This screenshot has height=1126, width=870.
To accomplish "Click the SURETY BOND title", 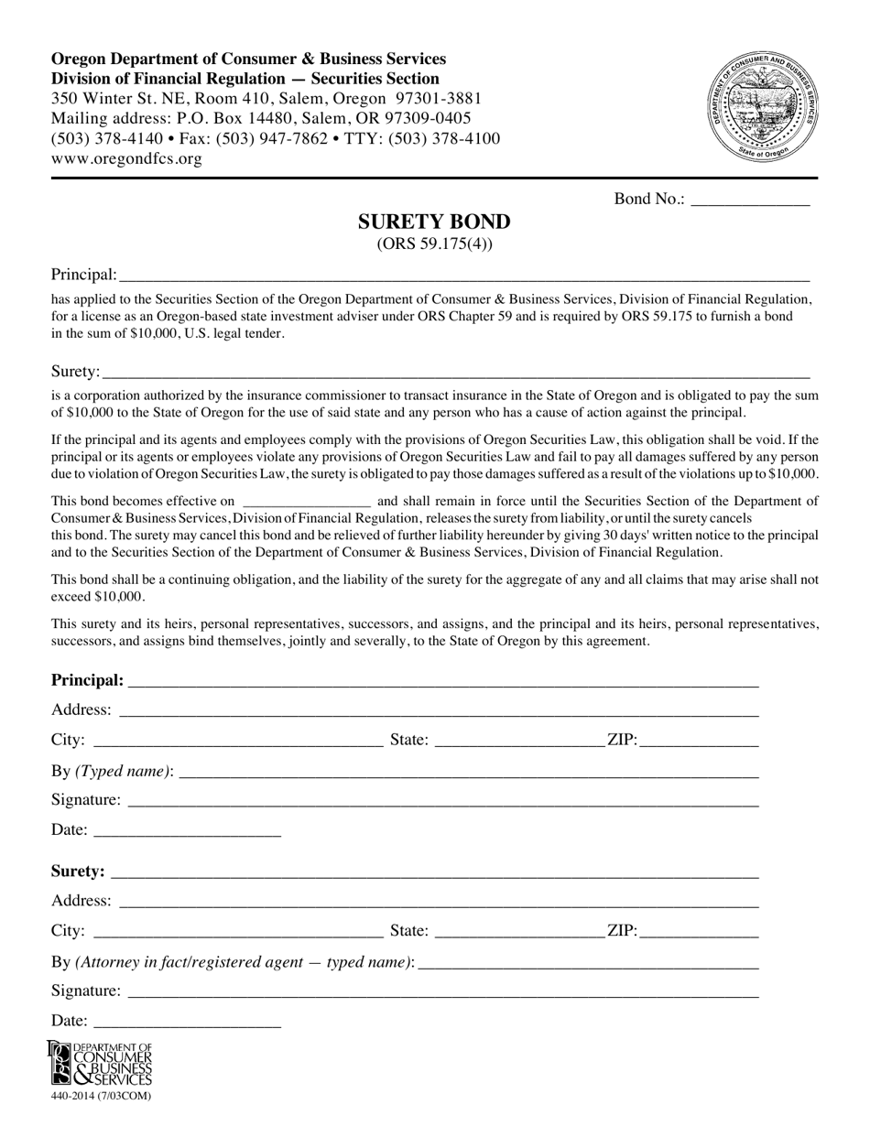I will [434, 222].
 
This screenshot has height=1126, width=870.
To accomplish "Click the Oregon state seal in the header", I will [762, 107].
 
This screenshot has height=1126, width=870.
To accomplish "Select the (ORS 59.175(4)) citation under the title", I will [434, 244].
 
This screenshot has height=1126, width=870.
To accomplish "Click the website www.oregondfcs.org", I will [126, 158].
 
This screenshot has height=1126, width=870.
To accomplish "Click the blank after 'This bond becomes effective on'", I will [307, 502].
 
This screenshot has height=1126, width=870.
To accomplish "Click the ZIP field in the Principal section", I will [699, 741].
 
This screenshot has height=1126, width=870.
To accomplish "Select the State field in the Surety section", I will [520, 932].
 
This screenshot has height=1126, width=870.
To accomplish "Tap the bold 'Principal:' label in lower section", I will [87, 680].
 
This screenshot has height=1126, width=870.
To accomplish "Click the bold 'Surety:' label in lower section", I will [78, 872].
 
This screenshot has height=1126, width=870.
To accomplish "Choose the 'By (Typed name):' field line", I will [467, 773].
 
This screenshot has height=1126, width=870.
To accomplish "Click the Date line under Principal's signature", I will [187, 831].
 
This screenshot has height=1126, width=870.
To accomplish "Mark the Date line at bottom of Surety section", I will [187, 1022].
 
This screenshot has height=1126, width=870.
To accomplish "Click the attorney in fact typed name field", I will [588, 963].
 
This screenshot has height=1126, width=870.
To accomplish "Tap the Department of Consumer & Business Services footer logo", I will [101, 1063].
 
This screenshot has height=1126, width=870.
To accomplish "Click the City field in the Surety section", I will [238, 932].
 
